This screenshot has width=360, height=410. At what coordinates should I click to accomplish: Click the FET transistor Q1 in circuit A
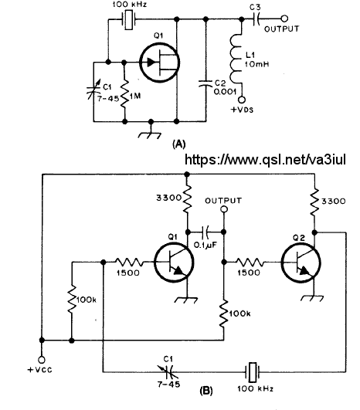(x=160, y=63)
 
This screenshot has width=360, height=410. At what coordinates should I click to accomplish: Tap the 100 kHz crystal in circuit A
(x=128, y=19)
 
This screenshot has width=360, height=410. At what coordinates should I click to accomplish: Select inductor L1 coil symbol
(x=236, y=59)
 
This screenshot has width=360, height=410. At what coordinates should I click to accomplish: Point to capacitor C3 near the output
(x=256, y=19)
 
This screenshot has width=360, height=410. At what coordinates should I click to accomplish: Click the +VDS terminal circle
(x=242, y=100)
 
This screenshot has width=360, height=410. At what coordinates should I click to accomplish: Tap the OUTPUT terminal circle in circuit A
(x=284, y=19)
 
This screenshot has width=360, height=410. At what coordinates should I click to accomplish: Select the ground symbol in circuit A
(x=149, y=133)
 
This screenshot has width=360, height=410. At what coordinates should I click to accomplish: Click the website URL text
(x=265, y=159)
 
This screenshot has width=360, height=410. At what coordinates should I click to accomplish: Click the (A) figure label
(x=179, y=144)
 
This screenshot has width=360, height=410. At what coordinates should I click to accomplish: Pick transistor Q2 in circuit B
(x=301, y=263)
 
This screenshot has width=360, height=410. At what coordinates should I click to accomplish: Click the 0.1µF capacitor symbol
(x=205, y=232)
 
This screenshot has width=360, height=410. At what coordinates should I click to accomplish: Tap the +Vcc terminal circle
(x=42, y=360)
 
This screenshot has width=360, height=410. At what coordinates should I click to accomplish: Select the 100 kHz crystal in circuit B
(x=253, y=372)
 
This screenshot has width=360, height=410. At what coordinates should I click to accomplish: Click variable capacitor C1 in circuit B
(x=169, y=372)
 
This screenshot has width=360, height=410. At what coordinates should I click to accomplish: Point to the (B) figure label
(x=206, y=391)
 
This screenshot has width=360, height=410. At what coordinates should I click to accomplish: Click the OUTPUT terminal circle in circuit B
(x=224, y=209)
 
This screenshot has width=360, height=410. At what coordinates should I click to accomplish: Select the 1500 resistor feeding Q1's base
(x=129, y=262)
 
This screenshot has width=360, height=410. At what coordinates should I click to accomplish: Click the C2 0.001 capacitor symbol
(x=205, y=83)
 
